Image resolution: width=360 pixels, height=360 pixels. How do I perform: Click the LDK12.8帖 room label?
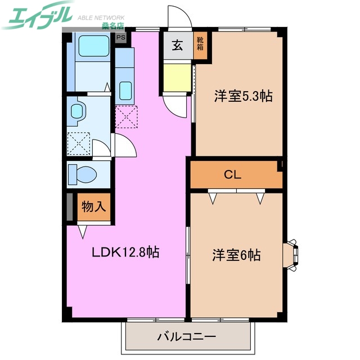point(126,252)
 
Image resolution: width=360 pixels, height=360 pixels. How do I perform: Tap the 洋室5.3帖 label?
point(242,96)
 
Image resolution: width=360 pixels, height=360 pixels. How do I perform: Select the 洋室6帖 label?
point(236,255)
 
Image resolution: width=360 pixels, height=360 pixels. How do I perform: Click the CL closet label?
point(233,174)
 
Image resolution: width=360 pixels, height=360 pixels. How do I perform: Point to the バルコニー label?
point(186,337)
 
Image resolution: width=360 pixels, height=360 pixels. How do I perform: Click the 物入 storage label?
point(93,206)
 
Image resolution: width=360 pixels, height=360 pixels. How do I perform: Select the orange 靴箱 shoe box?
point(200,44)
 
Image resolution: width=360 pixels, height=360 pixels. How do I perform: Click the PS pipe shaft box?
point(121,38)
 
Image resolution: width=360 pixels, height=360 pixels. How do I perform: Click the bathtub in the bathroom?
point(94,46)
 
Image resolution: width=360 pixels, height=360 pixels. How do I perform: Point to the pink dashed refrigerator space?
point(125,116)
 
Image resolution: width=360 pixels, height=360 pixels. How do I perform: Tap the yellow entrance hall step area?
point(177,77)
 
